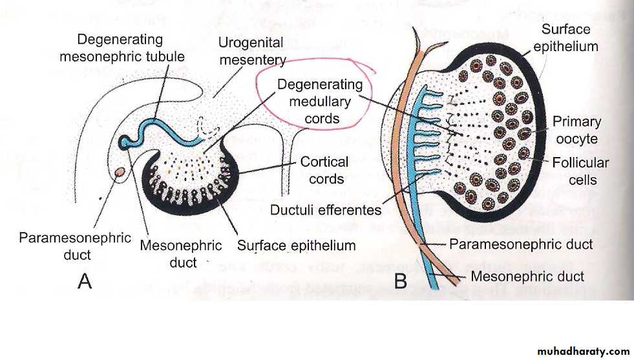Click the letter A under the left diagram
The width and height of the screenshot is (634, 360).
pyautogui.click(x=85, y=281)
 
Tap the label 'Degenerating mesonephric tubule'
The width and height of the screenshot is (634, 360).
pyautogui.click(x=122, y=48)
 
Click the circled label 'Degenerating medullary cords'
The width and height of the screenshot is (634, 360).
pyautogui.click(x=319, y=101)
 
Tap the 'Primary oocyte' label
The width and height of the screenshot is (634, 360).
pyautogui.click(x=576, y=129)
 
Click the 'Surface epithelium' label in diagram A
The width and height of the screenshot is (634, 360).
pyautogui.click(x=297, y=246)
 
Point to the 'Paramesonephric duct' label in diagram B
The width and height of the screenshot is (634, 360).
pyautogui.click(x=522, y=244)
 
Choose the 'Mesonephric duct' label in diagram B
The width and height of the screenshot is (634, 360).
pyautogui.click(x=527, y=277)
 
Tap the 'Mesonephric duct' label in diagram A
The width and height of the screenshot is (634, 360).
pyautogui.click(x=180, y=254)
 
